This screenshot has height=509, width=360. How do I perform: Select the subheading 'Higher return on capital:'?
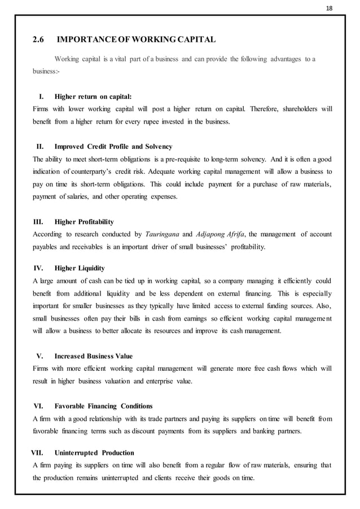pos(93,96)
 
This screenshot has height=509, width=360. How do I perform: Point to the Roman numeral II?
pos(41,147)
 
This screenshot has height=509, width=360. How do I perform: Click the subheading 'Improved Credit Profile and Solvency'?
pos(113,147)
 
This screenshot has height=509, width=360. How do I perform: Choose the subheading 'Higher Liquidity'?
pos(79,268)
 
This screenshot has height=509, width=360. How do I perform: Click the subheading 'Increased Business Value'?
pos(93,356)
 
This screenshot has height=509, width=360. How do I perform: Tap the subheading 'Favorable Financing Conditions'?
pos(103,406)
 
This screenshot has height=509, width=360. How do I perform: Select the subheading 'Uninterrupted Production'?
pos(94,453)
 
